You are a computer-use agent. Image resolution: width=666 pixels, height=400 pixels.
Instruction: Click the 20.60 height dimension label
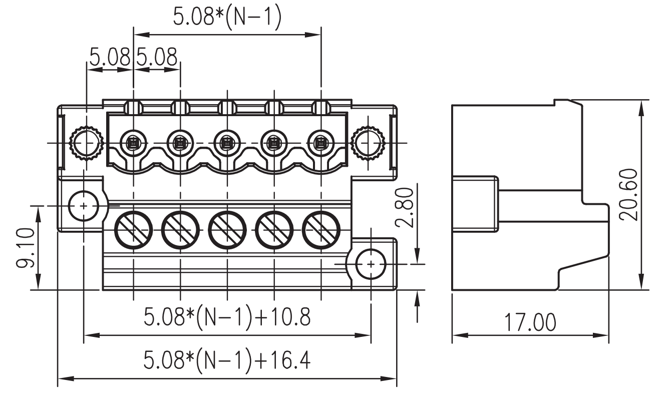coord(628,195)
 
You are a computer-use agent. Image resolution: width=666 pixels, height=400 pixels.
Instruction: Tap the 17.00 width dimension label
coord(530,322)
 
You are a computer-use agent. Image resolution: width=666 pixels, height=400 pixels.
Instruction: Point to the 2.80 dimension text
coord(405,207)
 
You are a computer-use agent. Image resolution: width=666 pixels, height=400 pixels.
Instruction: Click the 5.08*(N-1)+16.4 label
coord(227,360)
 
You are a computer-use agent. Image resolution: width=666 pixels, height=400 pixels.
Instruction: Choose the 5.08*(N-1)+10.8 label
coord(227,317)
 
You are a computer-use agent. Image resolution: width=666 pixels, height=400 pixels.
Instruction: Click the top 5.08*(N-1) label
coord(227,17)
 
